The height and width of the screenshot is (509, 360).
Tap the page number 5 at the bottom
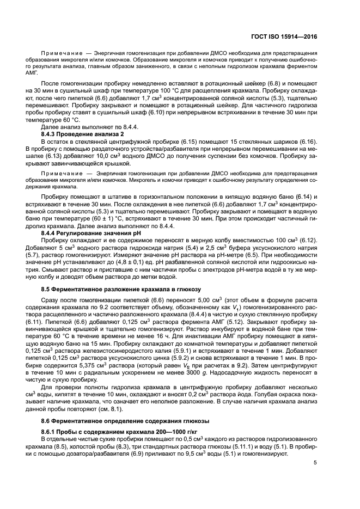315,463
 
